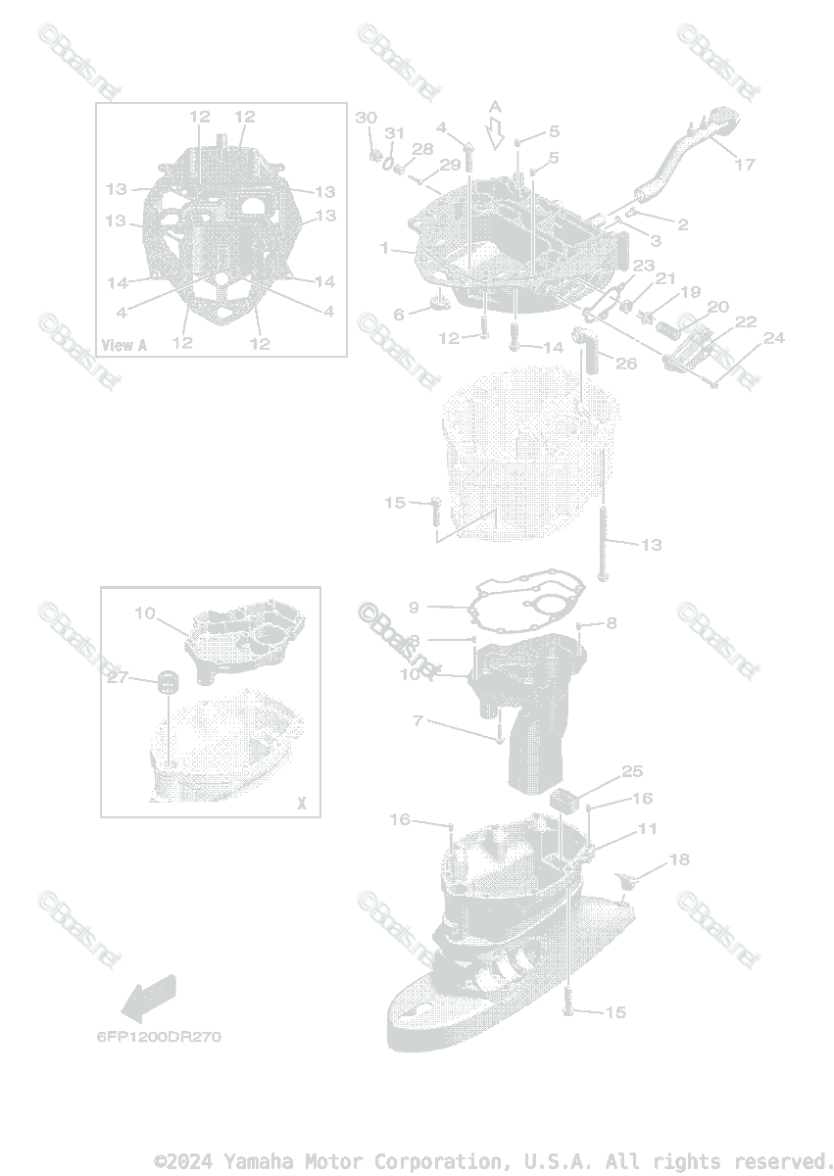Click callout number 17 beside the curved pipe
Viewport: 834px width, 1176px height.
[x=744, y=165]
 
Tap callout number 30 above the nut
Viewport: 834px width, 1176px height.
[x=366, y=118]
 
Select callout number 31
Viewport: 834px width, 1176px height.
[x=393, y=133]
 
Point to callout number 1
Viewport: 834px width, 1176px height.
[x=385, y=248]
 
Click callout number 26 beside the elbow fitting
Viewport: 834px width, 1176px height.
[x=625, y=364]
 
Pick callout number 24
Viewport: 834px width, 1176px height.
[x=774, y=338]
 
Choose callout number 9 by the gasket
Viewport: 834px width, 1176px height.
[x=414, y=608]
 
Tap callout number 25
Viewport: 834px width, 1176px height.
[x=632, y=771]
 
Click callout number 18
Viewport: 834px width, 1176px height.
[x=678, y=859]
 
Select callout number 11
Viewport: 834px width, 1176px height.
[x=647, y=829]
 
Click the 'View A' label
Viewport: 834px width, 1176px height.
[x=124, y=345]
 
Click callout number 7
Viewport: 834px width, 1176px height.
[x=417, y=721]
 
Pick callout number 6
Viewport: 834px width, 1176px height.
[x=399, y=315]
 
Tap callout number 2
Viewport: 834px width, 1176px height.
[x=683, y=224]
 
